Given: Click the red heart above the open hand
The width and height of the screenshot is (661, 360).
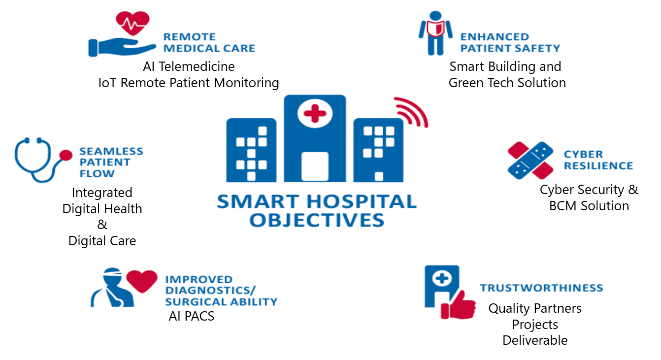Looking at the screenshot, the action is [132, 23].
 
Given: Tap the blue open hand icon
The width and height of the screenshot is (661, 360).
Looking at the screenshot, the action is [122, 47].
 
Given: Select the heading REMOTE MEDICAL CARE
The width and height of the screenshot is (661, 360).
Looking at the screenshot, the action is [209, 42].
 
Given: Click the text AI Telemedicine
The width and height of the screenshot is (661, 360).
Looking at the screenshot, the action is [189, 66].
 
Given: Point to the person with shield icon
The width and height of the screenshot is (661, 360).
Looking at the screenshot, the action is [435, 33].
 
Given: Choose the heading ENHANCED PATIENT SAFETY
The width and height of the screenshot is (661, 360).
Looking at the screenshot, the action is [510, 42].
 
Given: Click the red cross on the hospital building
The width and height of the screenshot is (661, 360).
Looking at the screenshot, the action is [315, 114].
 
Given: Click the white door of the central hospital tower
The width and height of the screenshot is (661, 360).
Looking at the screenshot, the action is [315, 166].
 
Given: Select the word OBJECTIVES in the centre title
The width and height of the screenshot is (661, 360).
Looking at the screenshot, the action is [317, 220].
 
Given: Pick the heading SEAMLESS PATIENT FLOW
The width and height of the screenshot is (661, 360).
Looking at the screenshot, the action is [111, 163].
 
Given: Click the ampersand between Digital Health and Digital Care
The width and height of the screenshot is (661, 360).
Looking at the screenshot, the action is [102, 225].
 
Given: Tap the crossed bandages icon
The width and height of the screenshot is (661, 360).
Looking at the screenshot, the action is [530, 160].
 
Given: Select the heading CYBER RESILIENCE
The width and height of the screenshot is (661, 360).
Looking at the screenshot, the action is [598, 160].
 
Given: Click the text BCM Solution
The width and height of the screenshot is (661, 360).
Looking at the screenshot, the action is [589, 206].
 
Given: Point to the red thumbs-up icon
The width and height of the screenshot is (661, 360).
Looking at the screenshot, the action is [458, 305].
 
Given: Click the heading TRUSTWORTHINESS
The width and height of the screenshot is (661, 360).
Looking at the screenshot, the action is [541, 288].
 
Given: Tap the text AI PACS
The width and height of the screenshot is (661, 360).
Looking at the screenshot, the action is [192, 316].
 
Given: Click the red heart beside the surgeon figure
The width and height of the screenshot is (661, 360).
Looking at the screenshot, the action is [142, 281].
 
